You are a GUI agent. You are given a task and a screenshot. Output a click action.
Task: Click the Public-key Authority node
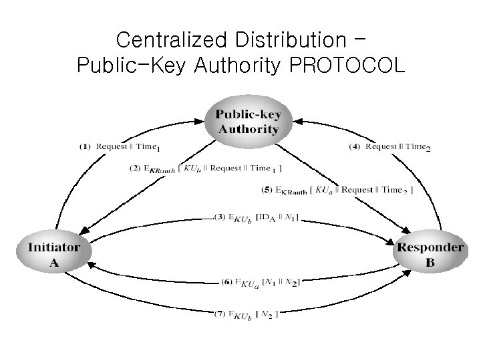click(247, 120)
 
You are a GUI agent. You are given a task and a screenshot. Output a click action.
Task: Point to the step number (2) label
click(135, 168)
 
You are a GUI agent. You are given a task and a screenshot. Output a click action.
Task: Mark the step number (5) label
click(267, 190)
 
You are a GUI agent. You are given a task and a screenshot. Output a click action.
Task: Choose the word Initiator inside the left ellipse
click(53, 247)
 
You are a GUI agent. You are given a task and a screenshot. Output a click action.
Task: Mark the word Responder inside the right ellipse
click(430, 247)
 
